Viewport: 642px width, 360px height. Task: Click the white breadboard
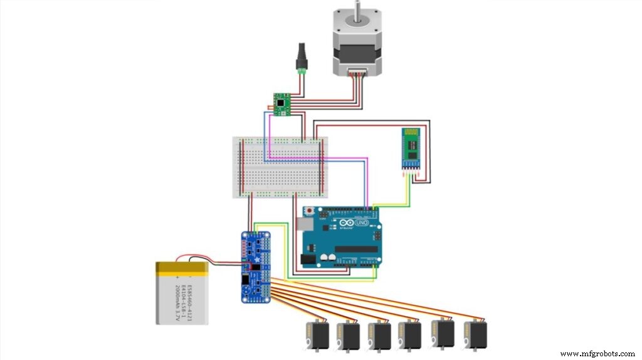point(280,166)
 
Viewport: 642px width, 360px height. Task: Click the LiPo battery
point(182,293)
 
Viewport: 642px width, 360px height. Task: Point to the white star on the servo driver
point(256,258)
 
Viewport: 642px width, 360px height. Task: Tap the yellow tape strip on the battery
point(182,269)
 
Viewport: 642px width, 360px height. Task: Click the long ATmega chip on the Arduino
point(355,250)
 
